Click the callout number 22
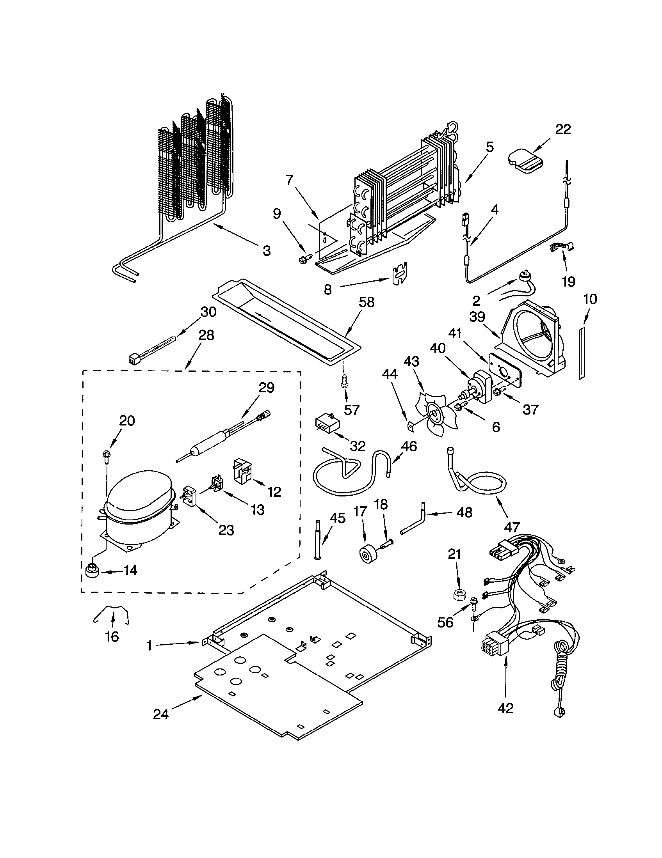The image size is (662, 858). click(x=563, y=129)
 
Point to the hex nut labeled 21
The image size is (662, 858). click(x=457, y=595)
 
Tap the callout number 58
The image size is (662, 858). click(x=367, y=302)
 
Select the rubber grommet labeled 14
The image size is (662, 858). click(x=93, y=571)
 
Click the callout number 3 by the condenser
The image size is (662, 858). click(x=267, y=250)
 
